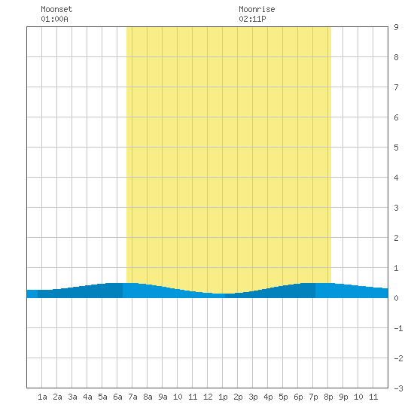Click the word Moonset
[56, 9]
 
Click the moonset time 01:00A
[54, 19]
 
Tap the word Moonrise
[257, 9]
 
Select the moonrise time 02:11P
[252, 19]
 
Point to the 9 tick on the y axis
[396, 27]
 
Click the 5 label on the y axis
[396, 148]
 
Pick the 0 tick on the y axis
[396, 298]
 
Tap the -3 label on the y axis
[398, 388]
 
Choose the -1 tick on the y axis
[398, 328]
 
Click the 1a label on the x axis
[42, 397]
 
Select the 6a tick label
[117, 397]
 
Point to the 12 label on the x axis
[208, 397]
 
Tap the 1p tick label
[223, 397]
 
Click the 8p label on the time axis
[328, 397]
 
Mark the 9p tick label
[343, 397]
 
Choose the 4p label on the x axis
[268, 397]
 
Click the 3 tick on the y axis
[396, 208]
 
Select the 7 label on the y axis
[396, 87]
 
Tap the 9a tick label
[163, 397]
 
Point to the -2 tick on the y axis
[398, 358]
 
